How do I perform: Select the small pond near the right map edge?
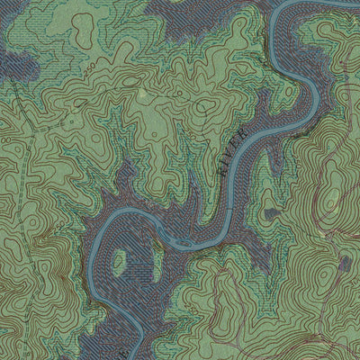(344, 263)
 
